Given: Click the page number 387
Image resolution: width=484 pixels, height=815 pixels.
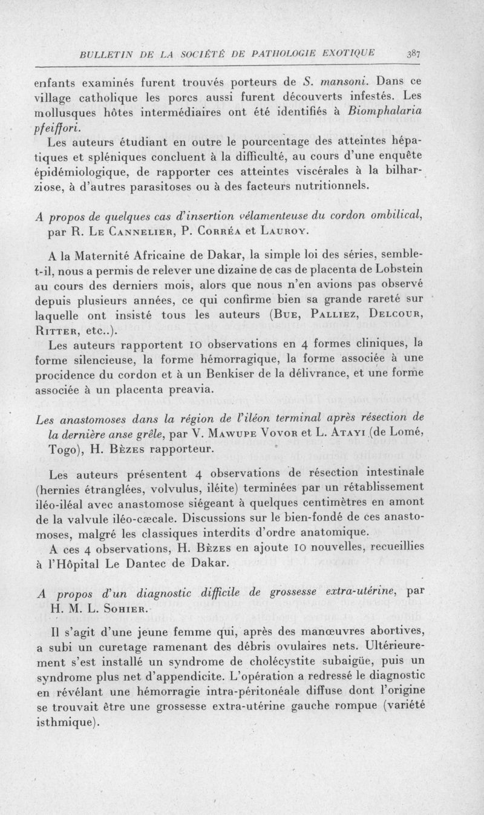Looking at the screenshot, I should tap(414, 53).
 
